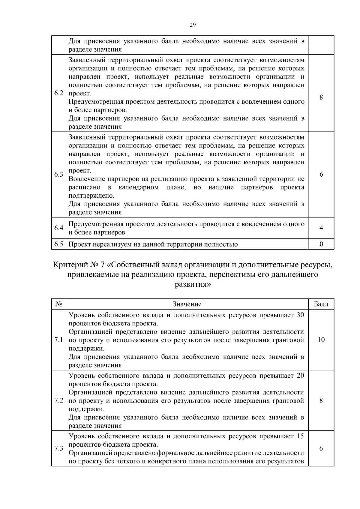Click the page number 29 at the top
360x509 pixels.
point(193,25)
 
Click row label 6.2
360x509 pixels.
point(59,93)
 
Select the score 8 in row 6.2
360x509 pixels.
point(321,97)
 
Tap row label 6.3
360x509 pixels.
point(59,175)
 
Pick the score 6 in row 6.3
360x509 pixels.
point(321,175)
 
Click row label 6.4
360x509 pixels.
point(59,228)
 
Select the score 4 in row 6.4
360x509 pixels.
point(321,228)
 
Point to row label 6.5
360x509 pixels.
point(59,244)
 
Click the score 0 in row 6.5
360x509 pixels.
point(321,244)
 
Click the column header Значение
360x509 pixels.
point(187,304)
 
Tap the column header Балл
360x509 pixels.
point(321,304)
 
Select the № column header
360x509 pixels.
point(59,304)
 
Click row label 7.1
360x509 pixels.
point(59,340)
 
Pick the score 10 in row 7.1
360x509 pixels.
point(321,340)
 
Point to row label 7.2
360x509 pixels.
point(59,401)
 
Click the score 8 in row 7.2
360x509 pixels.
point(321,401)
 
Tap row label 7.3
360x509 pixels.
point(59,449)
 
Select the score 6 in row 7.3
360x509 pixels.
point(321,449)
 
